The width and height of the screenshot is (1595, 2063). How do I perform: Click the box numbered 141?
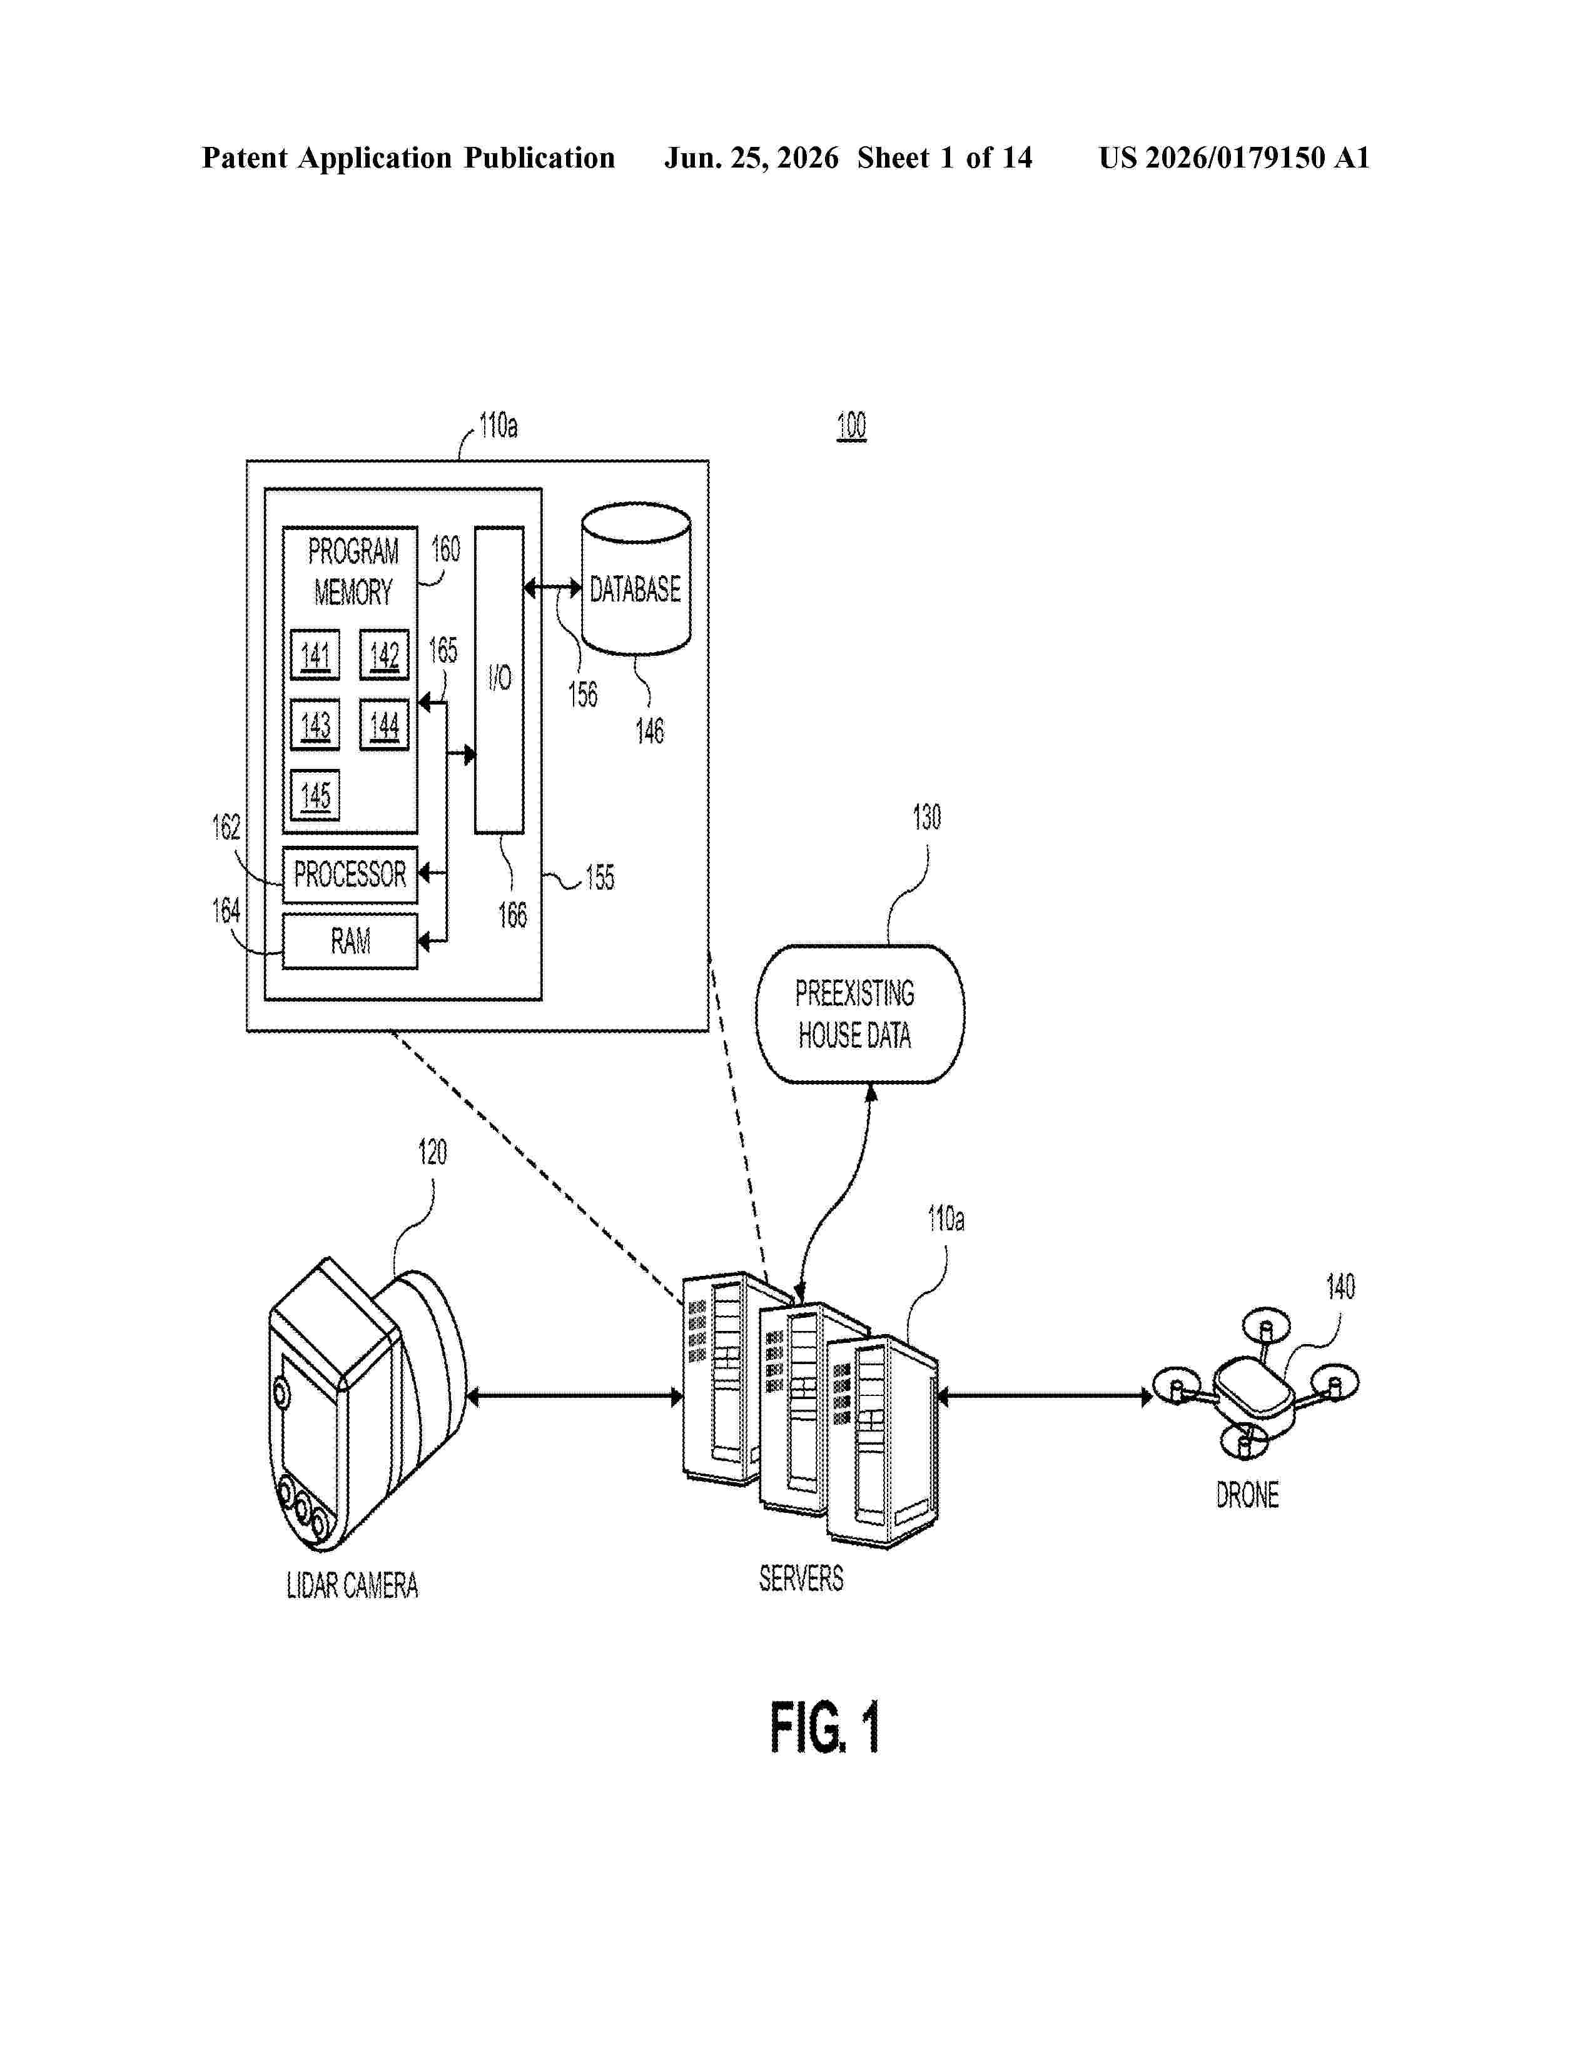[x=315, y=655]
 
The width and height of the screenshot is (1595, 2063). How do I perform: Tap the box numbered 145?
[x=315, y=795]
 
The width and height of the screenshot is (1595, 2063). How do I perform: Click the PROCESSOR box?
[x=350, y=875]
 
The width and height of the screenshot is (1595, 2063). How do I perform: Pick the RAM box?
[x=350, y=941]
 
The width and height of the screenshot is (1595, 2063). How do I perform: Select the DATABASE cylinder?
[x=636, y=579]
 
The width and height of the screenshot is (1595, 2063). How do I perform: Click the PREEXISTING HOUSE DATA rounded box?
[x=860, y=1013]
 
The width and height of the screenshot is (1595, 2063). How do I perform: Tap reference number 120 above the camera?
[x=433, y=1152]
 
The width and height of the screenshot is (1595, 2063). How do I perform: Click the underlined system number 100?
[x=851, y=426]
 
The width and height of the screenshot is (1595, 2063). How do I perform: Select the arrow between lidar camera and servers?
[x=574, y=1396]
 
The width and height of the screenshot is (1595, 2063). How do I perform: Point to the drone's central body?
[x=1253, y=1392]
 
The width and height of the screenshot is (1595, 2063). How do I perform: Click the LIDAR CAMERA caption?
[x=352, y=1585]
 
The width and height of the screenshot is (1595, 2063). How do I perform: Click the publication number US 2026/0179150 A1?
[x=1234, y=158]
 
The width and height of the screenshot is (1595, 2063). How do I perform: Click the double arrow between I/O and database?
[x=553, y=588]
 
